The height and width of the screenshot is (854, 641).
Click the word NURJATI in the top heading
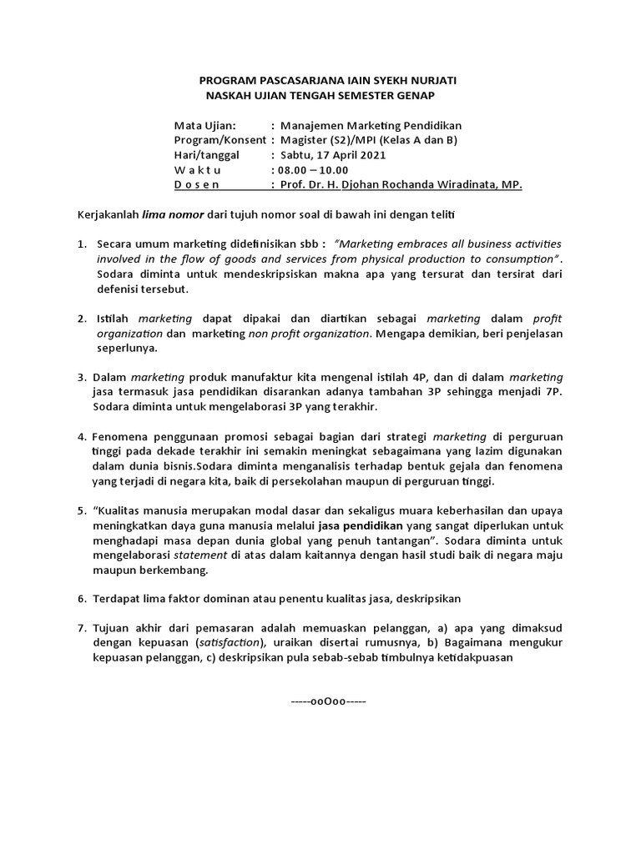pyautogui.click(x=425, y=80)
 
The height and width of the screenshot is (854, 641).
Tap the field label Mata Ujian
pyautogui.click(x=205, y=125)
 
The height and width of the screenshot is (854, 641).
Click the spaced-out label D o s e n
pyautogui.click(x=197, y=185)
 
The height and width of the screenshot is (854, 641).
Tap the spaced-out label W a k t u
pyautogui.click(x=197, y=170)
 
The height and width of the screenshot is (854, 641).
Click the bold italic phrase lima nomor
pyautogui.click(x=173, y=214)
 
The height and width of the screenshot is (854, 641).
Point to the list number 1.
pyautogui.click(x=82, y=244)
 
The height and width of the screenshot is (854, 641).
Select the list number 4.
pyautogui.click(x=82, y=436)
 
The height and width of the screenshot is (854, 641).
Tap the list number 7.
pyautogui.click(x=82, y=627)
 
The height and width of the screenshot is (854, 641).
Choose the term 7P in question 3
pyautogui.click(x=552, y=393)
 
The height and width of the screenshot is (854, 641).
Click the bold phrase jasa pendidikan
pyautogui.click(x=361, y=526)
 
